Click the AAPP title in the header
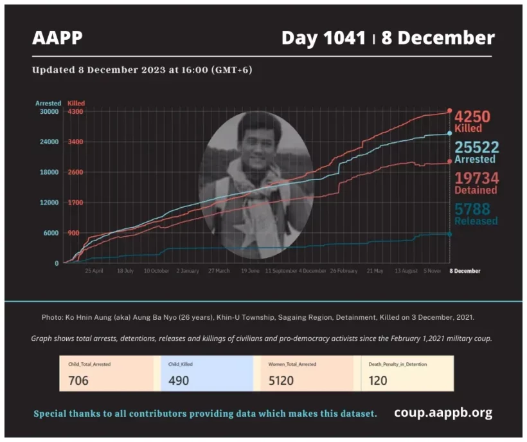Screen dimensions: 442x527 coord(57,38)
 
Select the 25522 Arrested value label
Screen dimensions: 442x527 coord(476,152)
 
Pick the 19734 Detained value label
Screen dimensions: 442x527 coord(476,183)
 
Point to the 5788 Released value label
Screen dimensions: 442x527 coord(476,214)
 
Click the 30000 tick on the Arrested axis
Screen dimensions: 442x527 coord(48,111)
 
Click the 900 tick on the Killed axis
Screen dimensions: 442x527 coord(75,233)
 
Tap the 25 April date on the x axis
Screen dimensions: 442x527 coord(94,271)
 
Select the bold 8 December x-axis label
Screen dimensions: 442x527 coord(464,271)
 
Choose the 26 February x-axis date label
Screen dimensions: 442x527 coord(343,271)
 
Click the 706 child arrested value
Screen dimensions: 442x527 coord(78,380)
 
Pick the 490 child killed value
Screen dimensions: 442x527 coord(179,380)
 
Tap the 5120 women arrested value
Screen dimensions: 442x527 coord(281,380)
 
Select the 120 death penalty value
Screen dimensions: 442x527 coord(379,380)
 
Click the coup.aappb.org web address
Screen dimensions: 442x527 coord(443,412)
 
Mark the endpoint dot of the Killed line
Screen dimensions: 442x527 coord(449,111)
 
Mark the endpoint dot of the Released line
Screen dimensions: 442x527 coord(449,234)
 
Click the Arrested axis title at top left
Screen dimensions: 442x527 coord(48,103)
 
